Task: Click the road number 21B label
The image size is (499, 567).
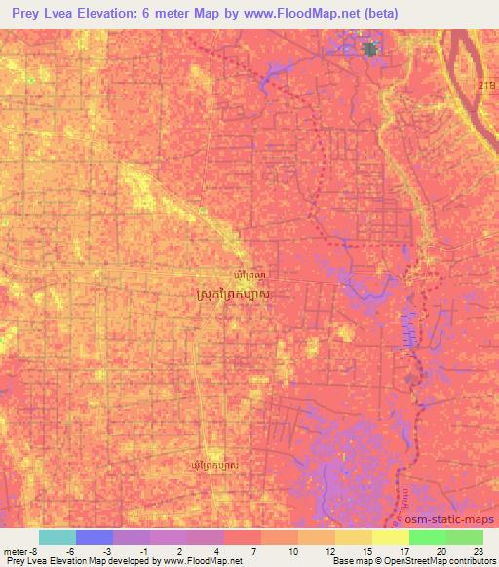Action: click(484, 86)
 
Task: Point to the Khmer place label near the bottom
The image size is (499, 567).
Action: click(213, 467)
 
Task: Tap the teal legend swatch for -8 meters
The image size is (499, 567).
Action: click(57, 537)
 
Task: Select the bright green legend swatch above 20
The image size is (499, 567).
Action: click(427, 537)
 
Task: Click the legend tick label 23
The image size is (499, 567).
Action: click(478, 550)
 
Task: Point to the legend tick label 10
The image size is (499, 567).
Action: click(292, 550)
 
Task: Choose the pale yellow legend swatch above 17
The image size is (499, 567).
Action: click(390, 537)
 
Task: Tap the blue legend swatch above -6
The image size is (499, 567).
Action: click(94, 537)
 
